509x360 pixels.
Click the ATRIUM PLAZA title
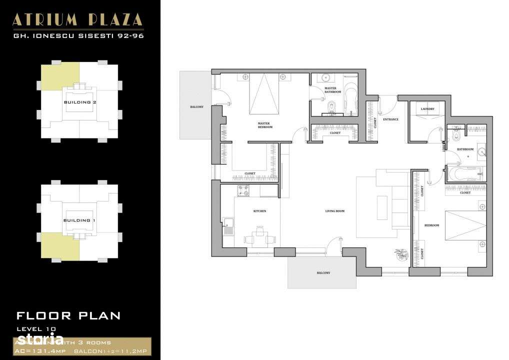[x=77, y=19]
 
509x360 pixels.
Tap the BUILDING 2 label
[x=80, y=102]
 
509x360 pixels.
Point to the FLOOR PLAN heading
[x=68, y=315]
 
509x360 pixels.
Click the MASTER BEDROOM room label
[x=265, y=125]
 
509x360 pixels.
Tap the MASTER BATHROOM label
[x=332, y=90]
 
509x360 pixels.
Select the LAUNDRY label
[x=427, y=108]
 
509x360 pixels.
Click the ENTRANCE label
[x=390, y=119]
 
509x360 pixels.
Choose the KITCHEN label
[x=259, y=211]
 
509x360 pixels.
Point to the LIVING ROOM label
[x=334, y=211]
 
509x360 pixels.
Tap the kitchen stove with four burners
[x=243, y=190]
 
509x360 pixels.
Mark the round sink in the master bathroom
[x=326, y=78]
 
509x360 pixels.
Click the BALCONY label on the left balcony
[x=196, y=107]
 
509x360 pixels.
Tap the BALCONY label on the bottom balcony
[x=323, y=272]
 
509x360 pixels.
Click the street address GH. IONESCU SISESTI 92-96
[x=77, y=35]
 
